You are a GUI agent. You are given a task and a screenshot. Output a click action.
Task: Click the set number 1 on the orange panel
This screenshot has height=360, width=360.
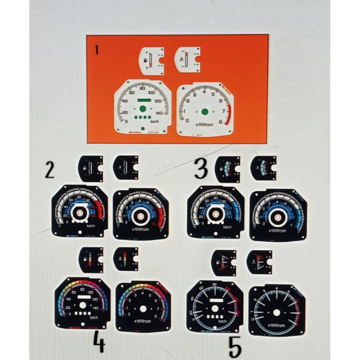pyautogui.click(x=97, y=50)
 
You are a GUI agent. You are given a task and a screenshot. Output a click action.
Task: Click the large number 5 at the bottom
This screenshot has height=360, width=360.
pyautogui.click(x=235, y=347)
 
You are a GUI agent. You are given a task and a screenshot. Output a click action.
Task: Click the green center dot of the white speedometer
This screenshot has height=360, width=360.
pyautogui.click(x=143, y=108)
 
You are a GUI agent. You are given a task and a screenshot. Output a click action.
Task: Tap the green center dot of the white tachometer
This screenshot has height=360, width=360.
pyautogui.click(x=205, y=112)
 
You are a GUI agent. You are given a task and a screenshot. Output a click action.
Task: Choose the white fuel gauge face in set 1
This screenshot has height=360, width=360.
pyautogui.click(x=152, y=60)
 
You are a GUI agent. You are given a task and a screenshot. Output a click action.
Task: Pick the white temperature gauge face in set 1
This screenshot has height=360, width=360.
pyautogui.click(x=187, y=60)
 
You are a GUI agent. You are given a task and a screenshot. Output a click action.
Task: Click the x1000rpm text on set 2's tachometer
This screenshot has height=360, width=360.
pyautogui.click(x=140, y=229)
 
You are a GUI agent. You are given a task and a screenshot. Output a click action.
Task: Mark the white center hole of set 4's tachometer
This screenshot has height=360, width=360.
pyautogui.click(x=143, y=309)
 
